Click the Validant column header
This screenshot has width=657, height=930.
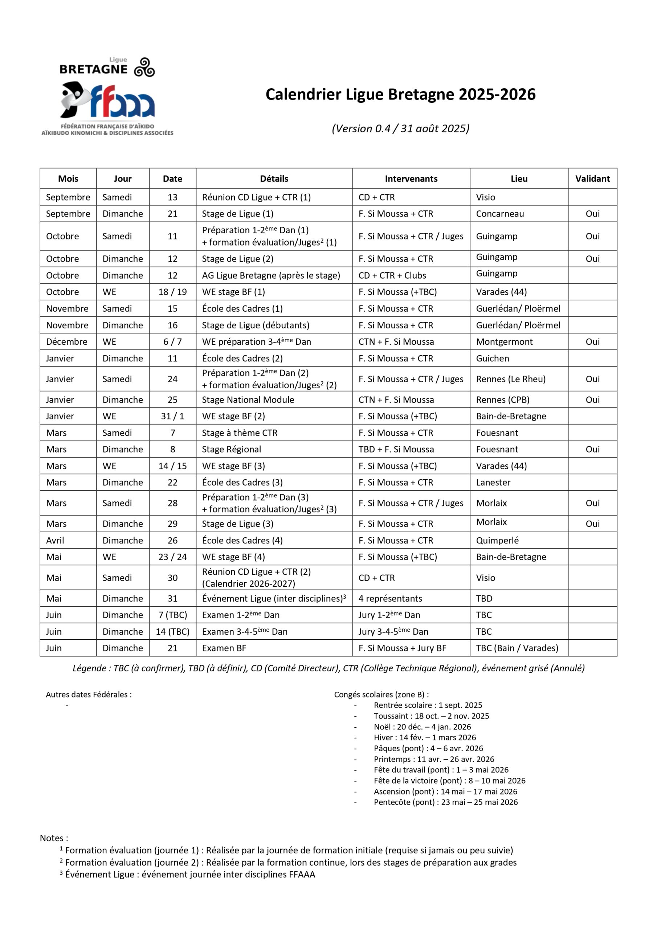592,179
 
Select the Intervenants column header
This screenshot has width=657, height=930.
411,179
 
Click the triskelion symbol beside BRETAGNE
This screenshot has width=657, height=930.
144,67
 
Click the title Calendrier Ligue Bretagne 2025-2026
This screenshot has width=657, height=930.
400,94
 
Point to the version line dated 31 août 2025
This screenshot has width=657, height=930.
400,128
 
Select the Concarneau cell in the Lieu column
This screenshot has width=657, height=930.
499,214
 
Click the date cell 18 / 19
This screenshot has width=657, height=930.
172,292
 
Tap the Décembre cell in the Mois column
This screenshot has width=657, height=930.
67,341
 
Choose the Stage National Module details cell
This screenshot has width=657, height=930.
248,399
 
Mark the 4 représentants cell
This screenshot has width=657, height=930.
390,598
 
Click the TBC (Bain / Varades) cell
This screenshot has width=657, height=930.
517,648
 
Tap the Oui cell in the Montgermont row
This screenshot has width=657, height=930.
592,341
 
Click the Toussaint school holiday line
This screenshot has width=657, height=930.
431,716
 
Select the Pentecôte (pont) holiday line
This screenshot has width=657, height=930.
445,802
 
